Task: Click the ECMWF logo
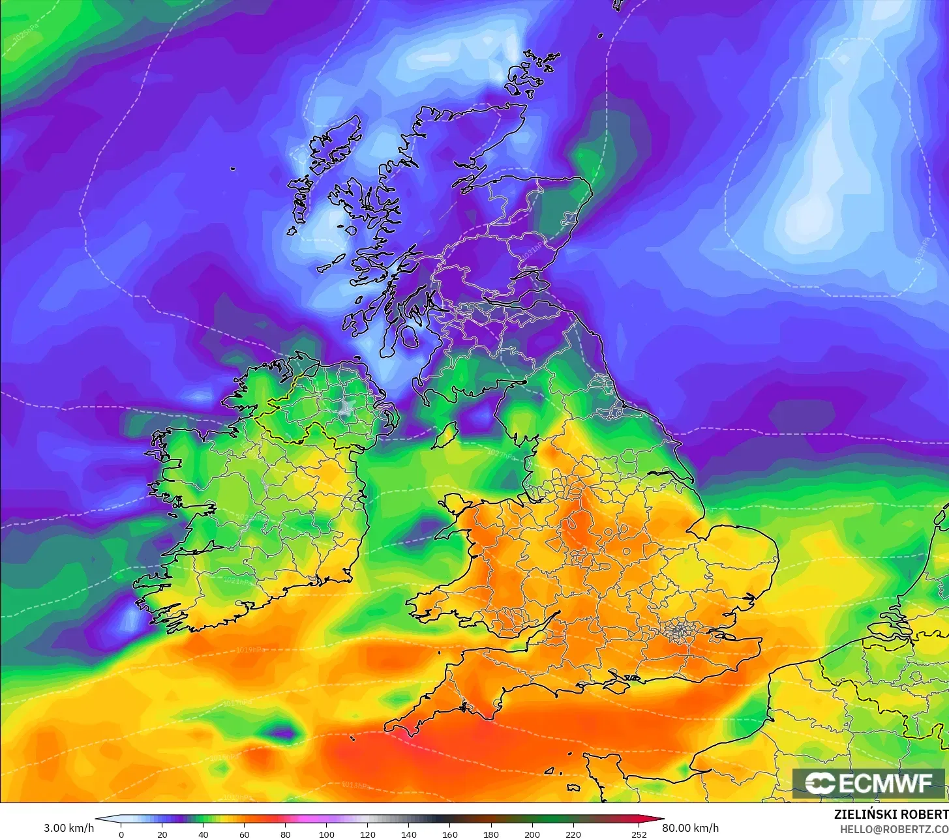tap(869, 783)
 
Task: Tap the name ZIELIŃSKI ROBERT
tap(891, 814)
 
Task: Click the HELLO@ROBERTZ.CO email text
tap(894, 829)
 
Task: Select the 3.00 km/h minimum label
tap(68, 828)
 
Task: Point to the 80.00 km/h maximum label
tap(691, 828)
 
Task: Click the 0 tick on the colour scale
tap(121, 834)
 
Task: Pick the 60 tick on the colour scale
tap(245, 834)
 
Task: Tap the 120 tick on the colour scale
tap(368, 834)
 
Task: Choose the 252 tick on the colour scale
tap(639, 834)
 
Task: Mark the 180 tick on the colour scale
tap(491, 834)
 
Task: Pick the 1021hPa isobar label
tap(236, 580)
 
